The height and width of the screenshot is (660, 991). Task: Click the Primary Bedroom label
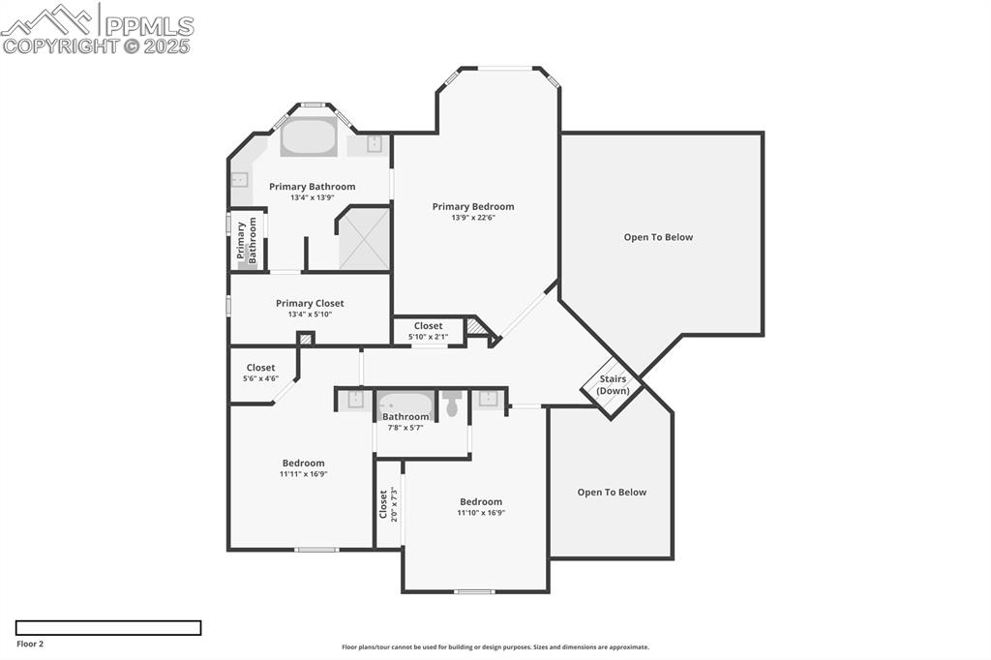pyautogui.click(x=472, y=206)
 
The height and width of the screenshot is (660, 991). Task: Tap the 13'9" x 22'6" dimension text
pyautogui.click(x=472, y=218)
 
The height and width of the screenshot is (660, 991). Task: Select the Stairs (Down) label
pyautogui.click(x=613, y=384)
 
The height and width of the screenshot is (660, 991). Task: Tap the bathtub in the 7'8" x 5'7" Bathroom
pyautogui.click(x=405, y=403)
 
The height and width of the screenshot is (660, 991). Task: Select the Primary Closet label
pyautogui.click(x=310, y=303)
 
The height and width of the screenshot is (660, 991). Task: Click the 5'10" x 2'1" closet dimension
pyautogui.click(x=428, y=337)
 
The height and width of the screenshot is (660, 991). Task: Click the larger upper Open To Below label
pyautogui.click(x=658, y=237)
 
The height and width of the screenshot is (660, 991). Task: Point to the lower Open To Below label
pyautogui.click(x=612, y=492)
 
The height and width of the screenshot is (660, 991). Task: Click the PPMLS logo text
pyautogui.click(x=148, y=25)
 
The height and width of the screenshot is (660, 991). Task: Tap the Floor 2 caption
pyautogui.click(x=30, y=643)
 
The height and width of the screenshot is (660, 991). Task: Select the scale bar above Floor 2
pyautogui.click(x=108, y=628)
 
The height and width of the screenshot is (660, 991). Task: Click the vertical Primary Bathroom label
pyautogui.click(x=247, y=240)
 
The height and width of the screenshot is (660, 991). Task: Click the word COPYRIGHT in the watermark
pyautogui.click(x=60, y=45)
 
